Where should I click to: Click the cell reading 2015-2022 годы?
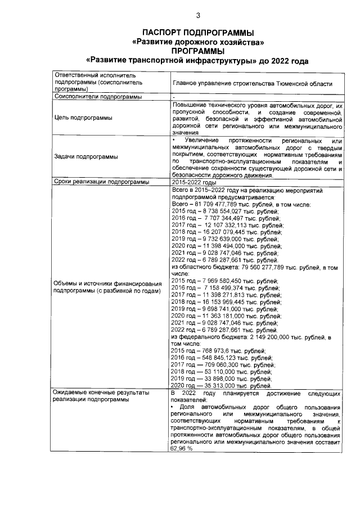tap(194, 182)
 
